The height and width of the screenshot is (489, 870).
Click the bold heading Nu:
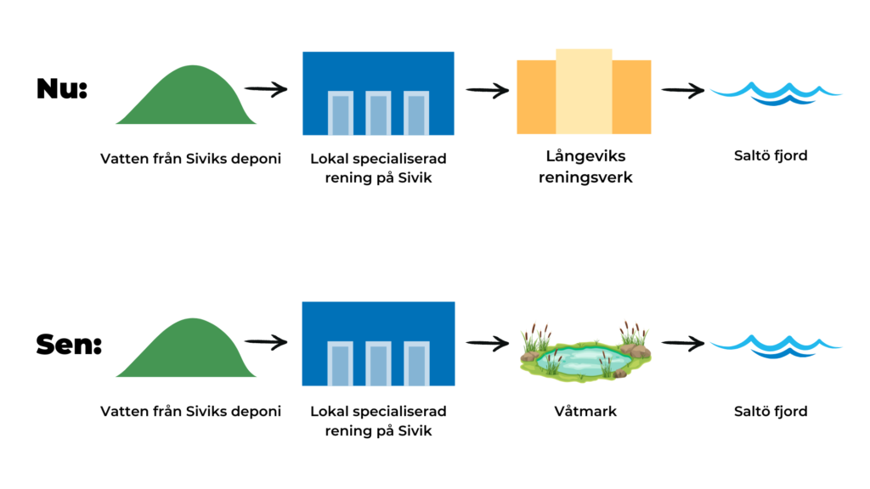(x=62, y=88)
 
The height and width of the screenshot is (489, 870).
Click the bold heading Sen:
(x=70, y=345)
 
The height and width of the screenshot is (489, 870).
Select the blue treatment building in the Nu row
(x=378, y=93)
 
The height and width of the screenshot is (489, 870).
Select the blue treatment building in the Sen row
(x=378, y=344)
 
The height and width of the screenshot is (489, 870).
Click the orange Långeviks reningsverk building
(x=584, y=92)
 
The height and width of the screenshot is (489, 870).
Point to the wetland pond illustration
(x=585, y=352)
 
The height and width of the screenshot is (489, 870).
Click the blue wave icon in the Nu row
(x=776, y=93)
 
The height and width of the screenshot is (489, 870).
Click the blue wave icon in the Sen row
(x=776, y=346)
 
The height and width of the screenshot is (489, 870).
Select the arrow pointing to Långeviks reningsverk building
(x=487, y=90)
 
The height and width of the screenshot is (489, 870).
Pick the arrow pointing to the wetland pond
(x=487, y=344)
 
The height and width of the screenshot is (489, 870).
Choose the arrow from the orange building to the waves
(x=683, y=90)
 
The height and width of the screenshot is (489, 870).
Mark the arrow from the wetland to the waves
(x=683, y=344)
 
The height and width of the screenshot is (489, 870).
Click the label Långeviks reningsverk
(x=585, y=166)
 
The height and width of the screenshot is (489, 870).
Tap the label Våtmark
(x=585, y=412)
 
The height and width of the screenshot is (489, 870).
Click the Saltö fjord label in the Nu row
(x=771, y=156)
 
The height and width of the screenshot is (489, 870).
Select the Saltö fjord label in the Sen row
(x=771, y=412)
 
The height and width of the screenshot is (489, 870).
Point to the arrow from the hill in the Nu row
(x=266, y=89)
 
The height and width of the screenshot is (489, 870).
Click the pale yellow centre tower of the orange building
(x=584, y=92)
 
